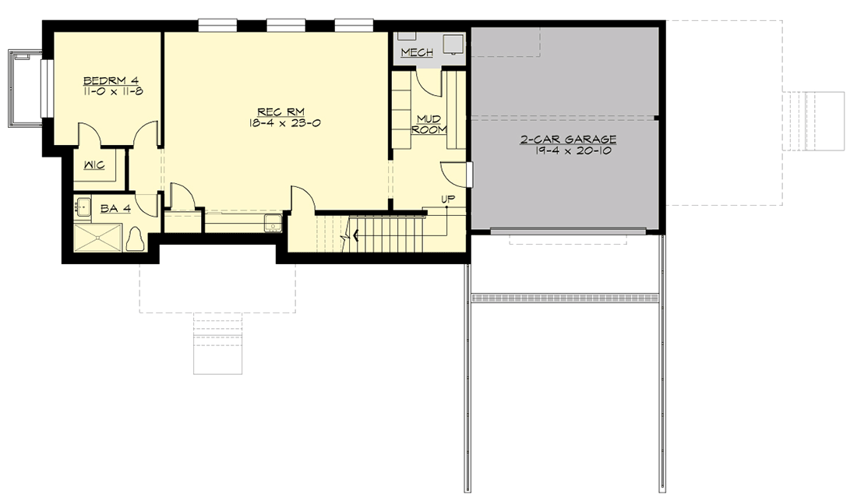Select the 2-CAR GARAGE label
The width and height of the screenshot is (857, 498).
click(x=568, y=140)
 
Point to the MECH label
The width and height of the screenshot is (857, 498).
click(x=417, y=52)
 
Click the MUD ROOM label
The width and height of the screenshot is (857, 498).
click(x=428, y=124)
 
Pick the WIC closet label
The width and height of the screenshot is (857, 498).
click(x=94, y=165)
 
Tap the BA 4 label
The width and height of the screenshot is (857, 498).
click(x=110, y=208)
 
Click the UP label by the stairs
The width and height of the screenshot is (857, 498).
click(x=448, y=200)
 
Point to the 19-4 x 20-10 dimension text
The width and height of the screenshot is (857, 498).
click(x=568, y=151)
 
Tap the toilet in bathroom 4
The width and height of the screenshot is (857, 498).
click(x=136, y=238)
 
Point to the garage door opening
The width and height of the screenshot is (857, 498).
click(x=568, y=230)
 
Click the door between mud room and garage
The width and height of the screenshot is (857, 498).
click(x=469, y=174)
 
